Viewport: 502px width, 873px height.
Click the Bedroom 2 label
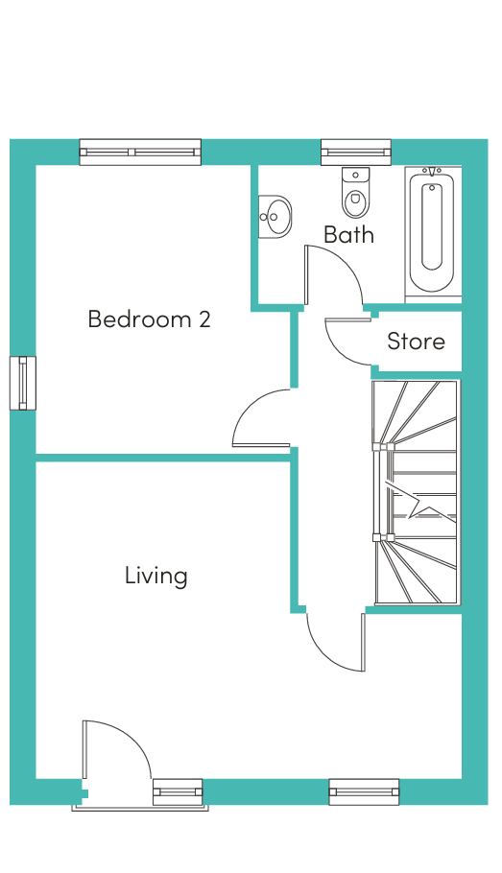click(150, 319)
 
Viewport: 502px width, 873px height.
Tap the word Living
click(156, 576)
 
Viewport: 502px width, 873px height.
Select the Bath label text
click(348, 235)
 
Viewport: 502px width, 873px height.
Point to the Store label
click(417, 342)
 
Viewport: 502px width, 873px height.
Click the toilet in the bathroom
click(355, 193)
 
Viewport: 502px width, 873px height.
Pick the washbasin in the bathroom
click(275, 216)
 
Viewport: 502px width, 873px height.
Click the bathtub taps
click(432, 171)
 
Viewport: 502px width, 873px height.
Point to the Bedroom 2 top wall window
click(140, 152)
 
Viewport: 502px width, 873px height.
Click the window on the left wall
click(23, 383)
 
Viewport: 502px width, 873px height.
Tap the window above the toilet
click(356, 152)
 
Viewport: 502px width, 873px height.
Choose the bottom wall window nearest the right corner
click(364, 791)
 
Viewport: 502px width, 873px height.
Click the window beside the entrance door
click(178, 791)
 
